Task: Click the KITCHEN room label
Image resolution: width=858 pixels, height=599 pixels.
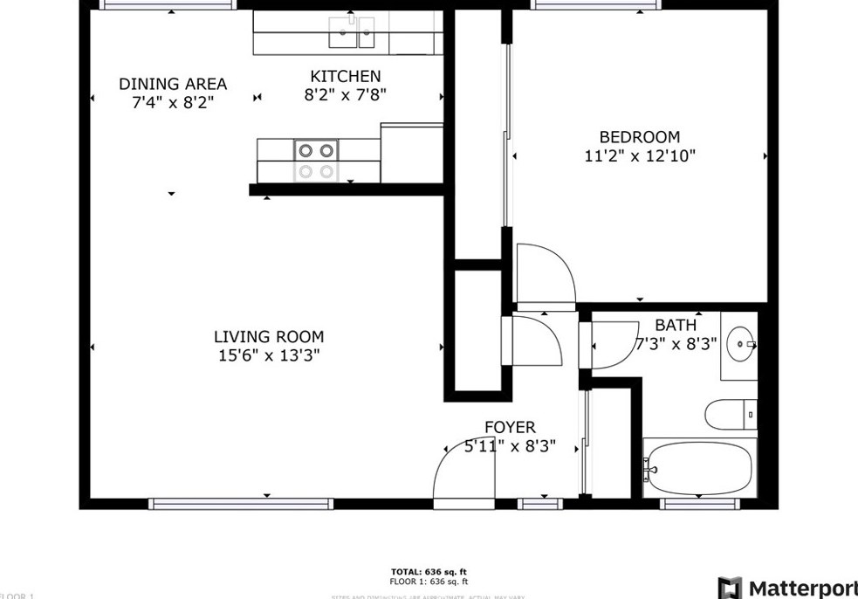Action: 346,77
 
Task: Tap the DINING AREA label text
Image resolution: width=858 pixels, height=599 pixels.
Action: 173,84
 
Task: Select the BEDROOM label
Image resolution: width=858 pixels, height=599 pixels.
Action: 639,137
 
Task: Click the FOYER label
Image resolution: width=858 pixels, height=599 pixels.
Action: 510,427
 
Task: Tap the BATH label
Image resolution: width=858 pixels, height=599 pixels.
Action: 676,326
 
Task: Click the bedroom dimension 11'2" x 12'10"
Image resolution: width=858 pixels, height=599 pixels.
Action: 640,156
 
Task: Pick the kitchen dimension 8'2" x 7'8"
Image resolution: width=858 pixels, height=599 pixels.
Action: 346,95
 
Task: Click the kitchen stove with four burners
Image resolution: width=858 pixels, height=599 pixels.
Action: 317,161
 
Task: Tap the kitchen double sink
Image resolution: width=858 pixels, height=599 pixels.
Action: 352,32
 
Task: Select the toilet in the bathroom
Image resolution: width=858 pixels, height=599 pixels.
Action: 730,414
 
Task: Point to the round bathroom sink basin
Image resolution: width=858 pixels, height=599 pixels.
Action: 741,346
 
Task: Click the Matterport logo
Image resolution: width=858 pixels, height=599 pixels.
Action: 786,587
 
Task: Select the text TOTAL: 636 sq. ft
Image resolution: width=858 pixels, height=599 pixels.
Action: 429,571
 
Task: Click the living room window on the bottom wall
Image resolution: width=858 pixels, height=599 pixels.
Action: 241,504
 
